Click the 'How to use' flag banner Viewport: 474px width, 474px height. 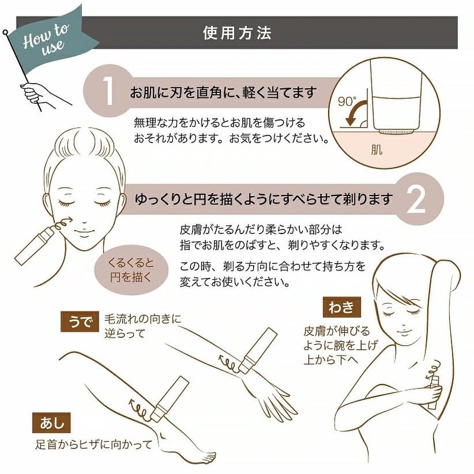tap(52, 39)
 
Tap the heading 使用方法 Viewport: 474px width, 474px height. tap(238, 33)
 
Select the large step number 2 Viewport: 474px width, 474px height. tap(416, 199)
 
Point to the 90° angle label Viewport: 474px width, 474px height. tap(347, 101)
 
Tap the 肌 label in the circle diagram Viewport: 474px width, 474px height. tap(377, 150)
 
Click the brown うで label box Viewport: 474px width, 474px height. tap(80, 321)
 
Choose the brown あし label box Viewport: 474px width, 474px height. tap(52, 422)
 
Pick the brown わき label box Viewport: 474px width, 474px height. tap(342, 307)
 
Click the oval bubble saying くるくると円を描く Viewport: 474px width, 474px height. tap(131, 270)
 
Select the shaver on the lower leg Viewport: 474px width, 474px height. tap(169, 399)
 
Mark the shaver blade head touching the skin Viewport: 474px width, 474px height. tap(395, 132)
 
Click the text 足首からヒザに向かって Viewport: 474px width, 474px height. tap(94, 444)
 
